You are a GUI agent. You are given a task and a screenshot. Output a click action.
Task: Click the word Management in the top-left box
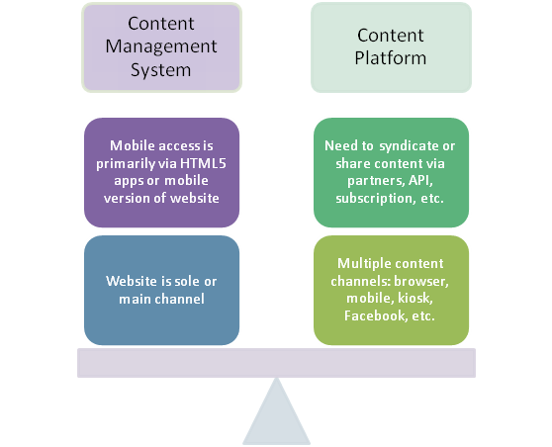[161, 47]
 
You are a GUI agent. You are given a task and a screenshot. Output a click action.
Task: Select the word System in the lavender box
[161, 70]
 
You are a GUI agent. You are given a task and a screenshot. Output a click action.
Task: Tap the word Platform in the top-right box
[391, 58]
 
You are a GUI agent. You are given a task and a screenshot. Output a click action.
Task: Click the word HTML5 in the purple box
[203, 163]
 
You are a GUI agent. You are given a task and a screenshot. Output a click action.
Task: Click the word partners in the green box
[376, 181]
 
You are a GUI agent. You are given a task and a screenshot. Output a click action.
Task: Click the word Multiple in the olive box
[362, 264]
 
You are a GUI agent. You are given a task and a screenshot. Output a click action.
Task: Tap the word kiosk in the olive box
[415, 298]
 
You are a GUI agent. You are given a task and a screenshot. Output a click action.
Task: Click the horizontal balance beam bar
[276, 363]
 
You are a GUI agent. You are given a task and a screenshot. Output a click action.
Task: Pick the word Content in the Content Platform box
[391, 36]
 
